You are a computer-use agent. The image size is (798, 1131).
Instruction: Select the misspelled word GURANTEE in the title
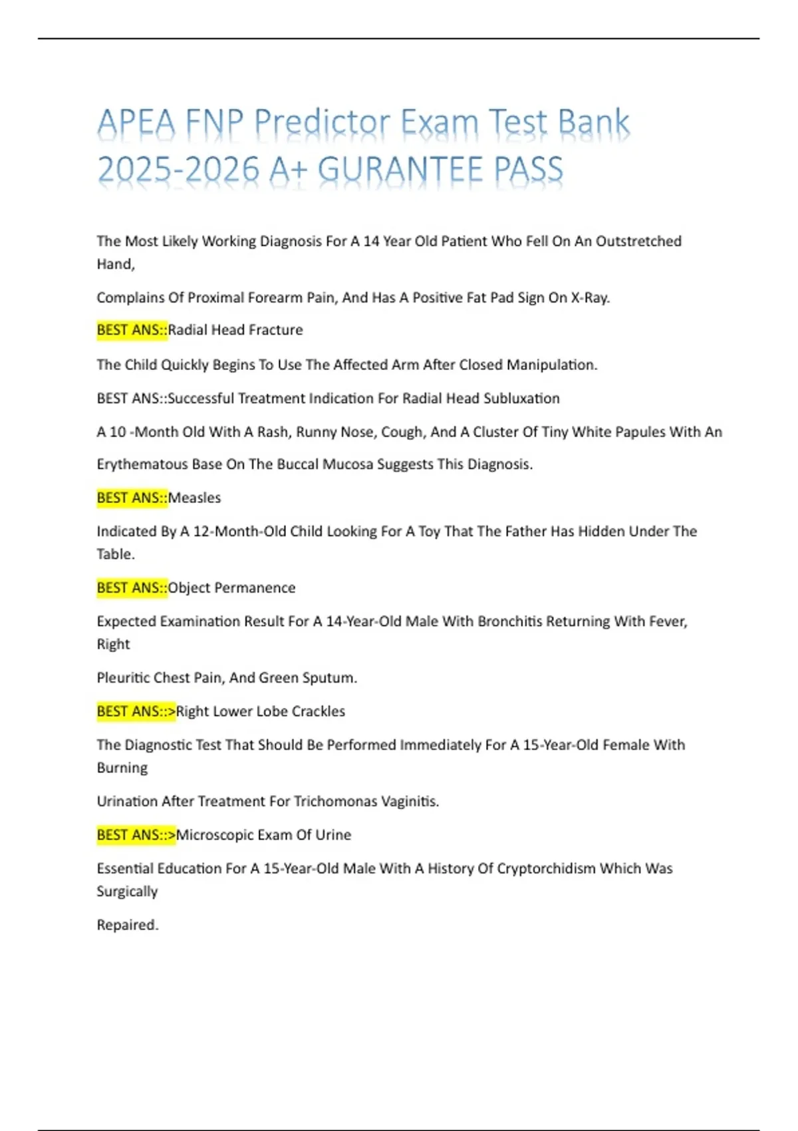400,169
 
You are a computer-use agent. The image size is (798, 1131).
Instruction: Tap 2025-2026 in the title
178,169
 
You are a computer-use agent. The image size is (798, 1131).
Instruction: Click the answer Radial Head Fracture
235,330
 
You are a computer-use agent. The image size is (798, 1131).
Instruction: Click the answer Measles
194,498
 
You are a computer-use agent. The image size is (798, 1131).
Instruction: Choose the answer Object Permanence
231,587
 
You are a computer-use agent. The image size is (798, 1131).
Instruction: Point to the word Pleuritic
123,678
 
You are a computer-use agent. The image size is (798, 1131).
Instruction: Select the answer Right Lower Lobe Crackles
260,711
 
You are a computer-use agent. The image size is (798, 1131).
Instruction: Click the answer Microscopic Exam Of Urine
263,835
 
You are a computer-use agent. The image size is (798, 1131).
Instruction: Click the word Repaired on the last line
126,925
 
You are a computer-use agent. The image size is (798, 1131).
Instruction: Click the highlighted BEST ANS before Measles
132,498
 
